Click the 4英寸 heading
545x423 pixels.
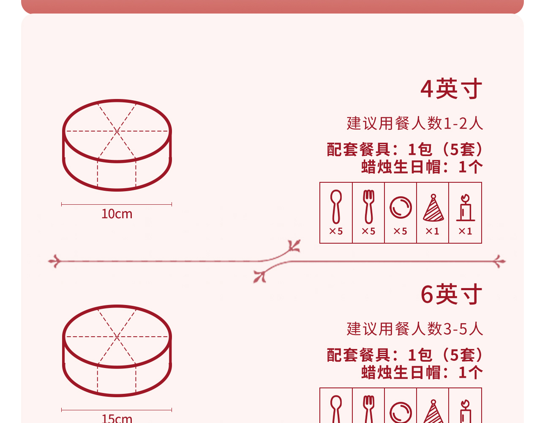click(451, 89)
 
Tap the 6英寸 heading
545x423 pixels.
click(451, 294)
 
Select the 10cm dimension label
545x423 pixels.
click(117, 214)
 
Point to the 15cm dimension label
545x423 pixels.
click(117, 418)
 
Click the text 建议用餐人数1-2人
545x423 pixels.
click(414, 124)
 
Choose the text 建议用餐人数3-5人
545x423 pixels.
click(414, 329)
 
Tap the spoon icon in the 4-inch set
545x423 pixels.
click(336, 206)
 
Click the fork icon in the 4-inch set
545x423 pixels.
click(368, 206)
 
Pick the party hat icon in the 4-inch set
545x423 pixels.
click(433, 208)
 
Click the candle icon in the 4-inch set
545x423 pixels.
click(465, 208)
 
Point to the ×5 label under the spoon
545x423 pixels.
click(336, 231)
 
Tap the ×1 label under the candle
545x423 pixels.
click(465, 231)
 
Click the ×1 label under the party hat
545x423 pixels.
click(433, 231)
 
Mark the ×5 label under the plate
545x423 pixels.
click(401, 231)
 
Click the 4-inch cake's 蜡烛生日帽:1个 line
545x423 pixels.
click(422, 167)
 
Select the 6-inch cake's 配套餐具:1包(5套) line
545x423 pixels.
click(405, 355)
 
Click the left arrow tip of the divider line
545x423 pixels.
click(52, 261)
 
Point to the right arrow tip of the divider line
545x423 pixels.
click(501, 261)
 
